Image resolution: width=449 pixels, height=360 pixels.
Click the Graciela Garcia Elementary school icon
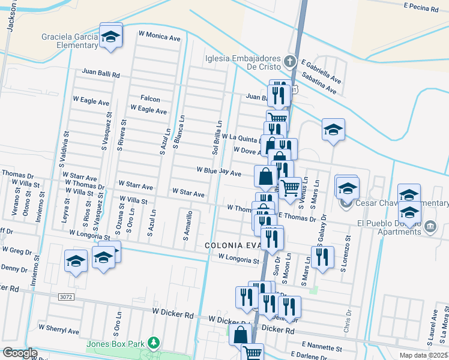click(x=111, y=37)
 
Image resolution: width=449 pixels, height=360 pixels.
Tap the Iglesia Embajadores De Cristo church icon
click(x=290, y=61)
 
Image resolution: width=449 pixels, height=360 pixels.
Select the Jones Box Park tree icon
click(x=155, y=343)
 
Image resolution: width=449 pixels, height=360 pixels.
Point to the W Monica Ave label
click(x=159, y=37)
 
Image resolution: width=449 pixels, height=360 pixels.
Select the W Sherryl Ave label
click(x=59, y=330)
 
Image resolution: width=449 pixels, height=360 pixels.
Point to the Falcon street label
click(x=150, y=98)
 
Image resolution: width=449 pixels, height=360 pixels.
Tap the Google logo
click(x=20, y=353)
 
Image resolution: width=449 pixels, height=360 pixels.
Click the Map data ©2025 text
click(x=424, y=355)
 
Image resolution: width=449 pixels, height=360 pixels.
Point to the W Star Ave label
click(x=188, y=193)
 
